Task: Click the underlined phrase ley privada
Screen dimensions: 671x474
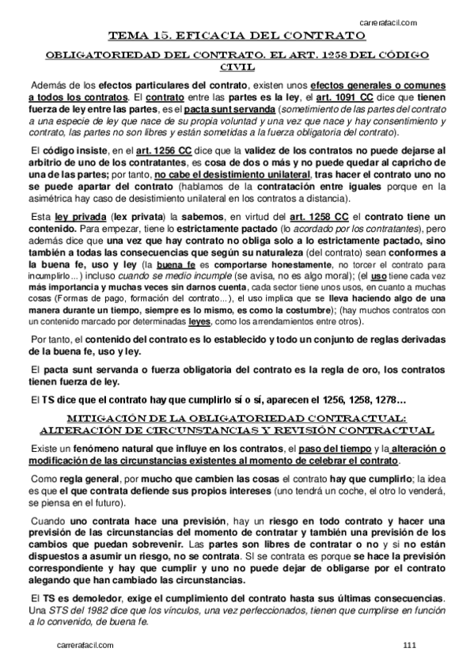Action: (67, 216)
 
